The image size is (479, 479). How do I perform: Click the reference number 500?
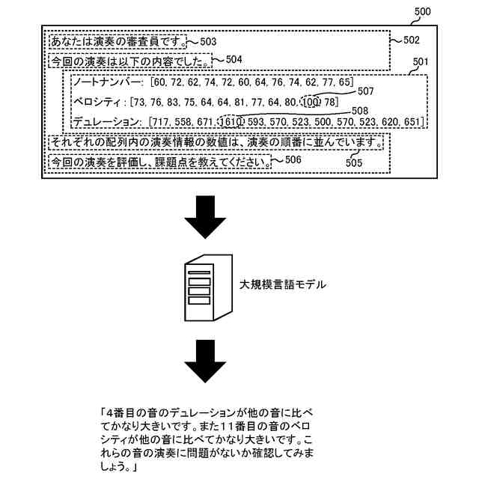[422, 12]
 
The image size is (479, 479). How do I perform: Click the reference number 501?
[421, 61]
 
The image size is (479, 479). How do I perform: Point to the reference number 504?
[234, 59]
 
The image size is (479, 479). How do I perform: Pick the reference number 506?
[293, 159]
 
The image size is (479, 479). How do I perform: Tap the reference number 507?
[365, 91]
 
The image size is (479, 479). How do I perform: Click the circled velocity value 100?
[311, 102]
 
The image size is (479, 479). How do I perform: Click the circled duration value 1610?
[229, 121]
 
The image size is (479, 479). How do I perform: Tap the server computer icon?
[205, 285]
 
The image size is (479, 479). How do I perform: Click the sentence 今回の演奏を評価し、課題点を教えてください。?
[159, 162]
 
